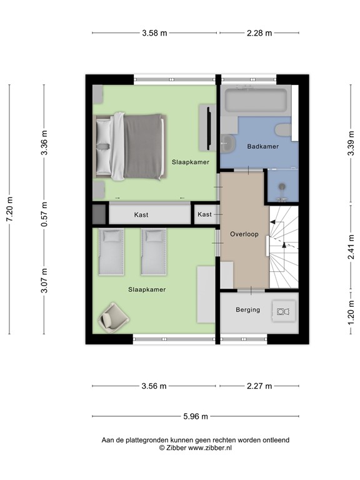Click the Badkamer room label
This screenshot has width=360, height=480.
coord(262,146)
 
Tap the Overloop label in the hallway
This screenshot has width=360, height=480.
coord(244,234)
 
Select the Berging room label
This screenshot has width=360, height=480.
coord(247,310)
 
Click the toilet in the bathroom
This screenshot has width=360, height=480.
coord(283,130)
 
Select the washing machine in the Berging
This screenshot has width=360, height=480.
coord(284,311)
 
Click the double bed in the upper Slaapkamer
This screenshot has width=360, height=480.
coord(130,146)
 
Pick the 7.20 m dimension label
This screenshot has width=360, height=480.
coord(10,209)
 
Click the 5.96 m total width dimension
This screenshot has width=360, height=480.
coord(195,416)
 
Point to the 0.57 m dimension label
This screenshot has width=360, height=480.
coord(44,214)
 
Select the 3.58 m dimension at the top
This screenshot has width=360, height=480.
coord(154,33)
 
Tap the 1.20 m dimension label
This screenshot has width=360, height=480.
coord(351,312)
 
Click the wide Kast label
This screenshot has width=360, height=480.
coord(141,215)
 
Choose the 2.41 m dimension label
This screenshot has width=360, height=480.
coord(351,247)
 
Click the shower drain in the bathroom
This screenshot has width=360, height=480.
coord(282,186)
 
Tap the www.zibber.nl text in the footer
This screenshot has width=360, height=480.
coord(210,447)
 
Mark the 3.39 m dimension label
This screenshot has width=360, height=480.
coord(351,143)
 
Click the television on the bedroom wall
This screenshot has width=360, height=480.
coord(209,128)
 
